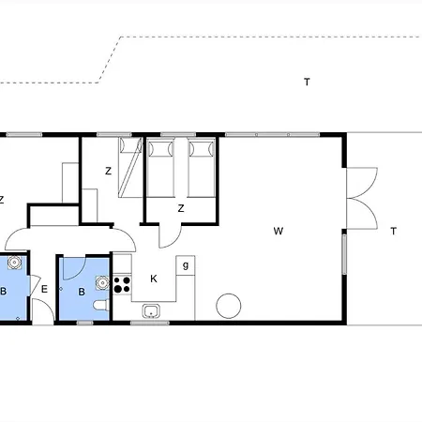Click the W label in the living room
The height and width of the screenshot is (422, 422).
pos(279,231)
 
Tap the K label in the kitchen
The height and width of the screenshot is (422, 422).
pos(154,279)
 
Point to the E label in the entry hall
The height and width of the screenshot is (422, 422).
pos(44,289)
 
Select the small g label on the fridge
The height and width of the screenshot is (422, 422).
pos(186,265)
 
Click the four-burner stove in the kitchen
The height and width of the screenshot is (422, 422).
pos(122,284)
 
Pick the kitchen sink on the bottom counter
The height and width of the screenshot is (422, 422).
pos(151,311)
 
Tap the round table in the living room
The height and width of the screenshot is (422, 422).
pos(229,306)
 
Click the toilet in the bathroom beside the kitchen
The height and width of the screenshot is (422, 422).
pos(101,306)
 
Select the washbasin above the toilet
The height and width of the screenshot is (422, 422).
pos(102,283)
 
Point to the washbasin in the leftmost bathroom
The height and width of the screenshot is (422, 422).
pos(14,263)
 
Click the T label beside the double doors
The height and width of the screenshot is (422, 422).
pos(394,232)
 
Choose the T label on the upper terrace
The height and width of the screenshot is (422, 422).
pos(307,82)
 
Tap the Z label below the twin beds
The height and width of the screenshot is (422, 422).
pos(181,208)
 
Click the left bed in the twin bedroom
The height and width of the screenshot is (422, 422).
pos(160,168)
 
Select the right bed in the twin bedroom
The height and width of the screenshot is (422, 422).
pos(202,168)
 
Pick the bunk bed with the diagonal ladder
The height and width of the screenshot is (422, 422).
pos(130,167)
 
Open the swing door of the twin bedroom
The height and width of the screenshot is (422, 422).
pos(170,236)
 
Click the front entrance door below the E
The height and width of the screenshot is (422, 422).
pos(43,311)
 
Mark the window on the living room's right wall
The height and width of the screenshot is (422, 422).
pos(344,254)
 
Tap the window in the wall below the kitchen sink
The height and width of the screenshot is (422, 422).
pos(150,323)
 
